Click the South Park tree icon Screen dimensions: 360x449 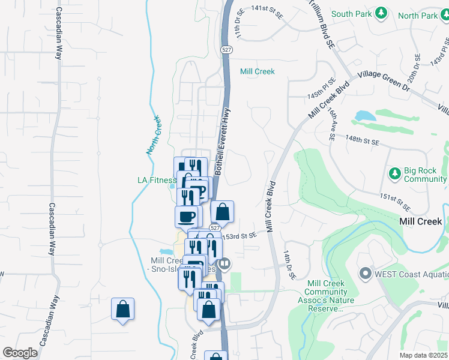(x=380, y=13)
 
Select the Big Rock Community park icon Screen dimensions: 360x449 (x=394, y=174)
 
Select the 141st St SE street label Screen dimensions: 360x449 (x=267, y=9)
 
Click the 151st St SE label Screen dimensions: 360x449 (x=395, y=202)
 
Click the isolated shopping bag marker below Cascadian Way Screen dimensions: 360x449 (x=122, y=310)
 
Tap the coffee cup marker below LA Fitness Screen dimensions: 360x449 (x=186, y=216)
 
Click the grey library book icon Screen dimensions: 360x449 (x=225, y=263)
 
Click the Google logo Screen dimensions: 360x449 (x=20, y=353)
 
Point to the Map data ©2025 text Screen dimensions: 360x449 (x=423, y=355)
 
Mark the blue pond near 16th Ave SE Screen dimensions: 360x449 (x=364, y=115)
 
